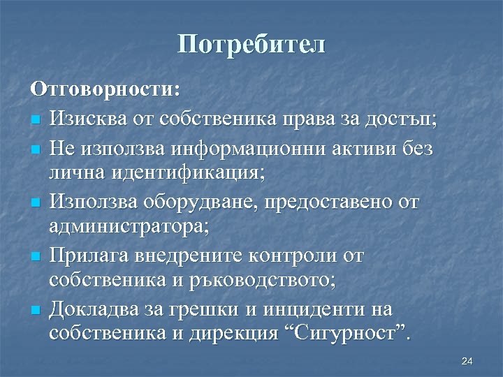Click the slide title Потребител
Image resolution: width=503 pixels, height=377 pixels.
click(x=251, y=45)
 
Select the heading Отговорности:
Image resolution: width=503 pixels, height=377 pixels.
click(x=105, y=91)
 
